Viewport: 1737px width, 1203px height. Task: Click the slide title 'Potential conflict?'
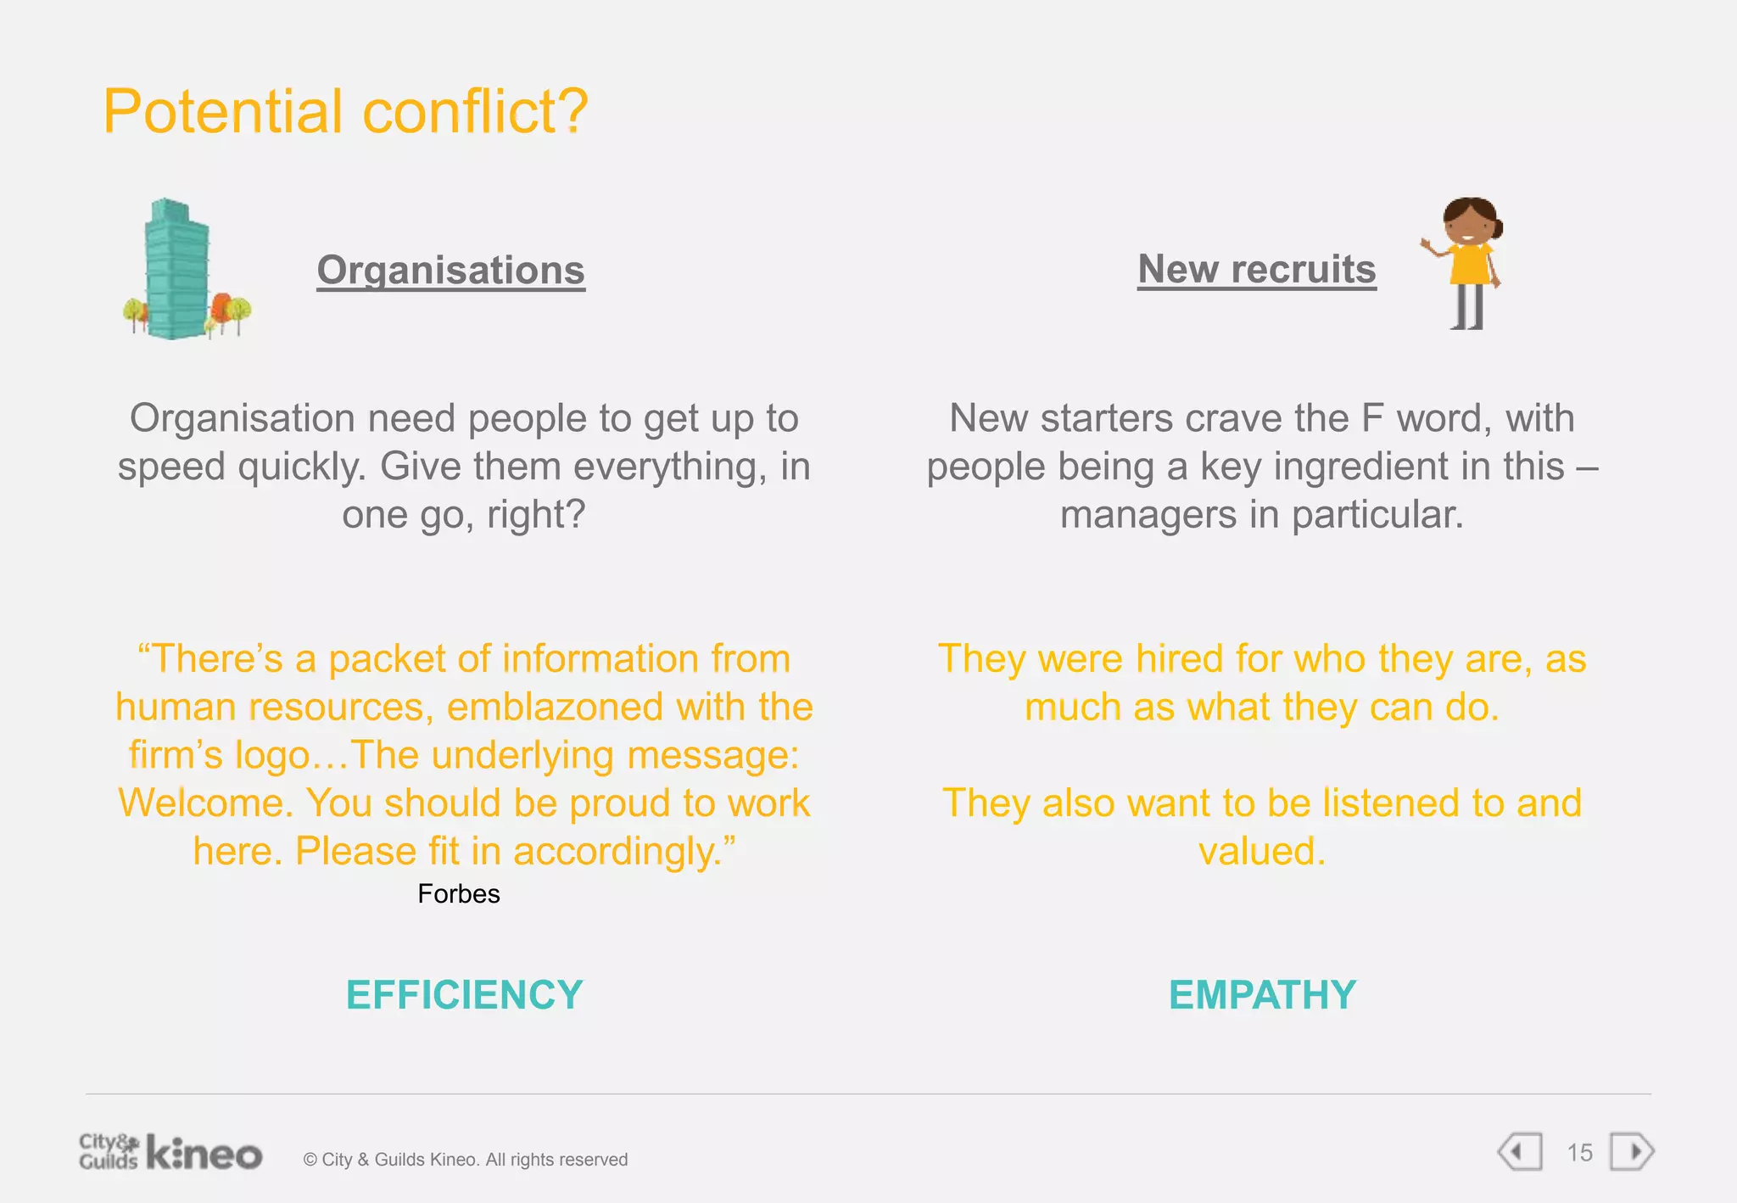tap(345, 111)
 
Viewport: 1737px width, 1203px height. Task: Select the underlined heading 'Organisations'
tap(450, 270)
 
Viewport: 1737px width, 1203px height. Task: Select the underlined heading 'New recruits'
tap(1256, 269)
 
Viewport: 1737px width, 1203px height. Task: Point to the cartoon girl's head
tap(1470, 221)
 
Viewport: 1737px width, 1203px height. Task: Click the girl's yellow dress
tap(1469, 264)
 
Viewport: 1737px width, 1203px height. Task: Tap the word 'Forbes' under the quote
tap(458, 893)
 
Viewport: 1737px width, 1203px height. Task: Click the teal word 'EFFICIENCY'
tap(464, 994)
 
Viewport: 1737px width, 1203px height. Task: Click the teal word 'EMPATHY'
tap(1262, 994)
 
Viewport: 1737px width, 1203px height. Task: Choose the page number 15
tap(1578, 1152)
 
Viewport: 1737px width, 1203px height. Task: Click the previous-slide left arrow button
tap(1520, 1152)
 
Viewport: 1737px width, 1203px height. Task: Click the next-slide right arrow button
tap(1632, 1152)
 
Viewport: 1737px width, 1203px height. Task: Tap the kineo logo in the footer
tap(204, 1153)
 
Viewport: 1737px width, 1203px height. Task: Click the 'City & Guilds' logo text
tap(109, 1151)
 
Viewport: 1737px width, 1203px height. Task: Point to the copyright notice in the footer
tap(466, 1159)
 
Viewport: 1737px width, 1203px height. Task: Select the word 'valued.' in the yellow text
tap(1261, 851)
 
